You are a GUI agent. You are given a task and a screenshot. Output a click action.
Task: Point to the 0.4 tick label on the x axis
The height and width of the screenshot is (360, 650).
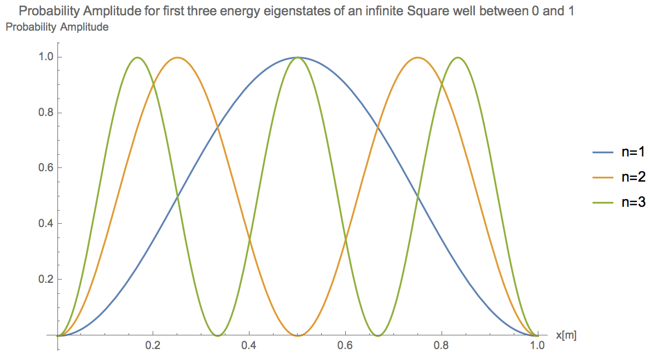(249, 346)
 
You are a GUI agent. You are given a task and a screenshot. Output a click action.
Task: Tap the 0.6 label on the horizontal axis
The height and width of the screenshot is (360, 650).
(345, 346)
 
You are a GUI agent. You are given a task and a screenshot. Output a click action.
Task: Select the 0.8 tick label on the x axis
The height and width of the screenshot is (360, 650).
(442, 346)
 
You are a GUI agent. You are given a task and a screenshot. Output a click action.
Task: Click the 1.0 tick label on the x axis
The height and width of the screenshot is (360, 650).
(538, 346)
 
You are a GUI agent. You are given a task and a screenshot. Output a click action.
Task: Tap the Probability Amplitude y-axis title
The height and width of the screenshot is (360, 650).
(57, 27)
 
